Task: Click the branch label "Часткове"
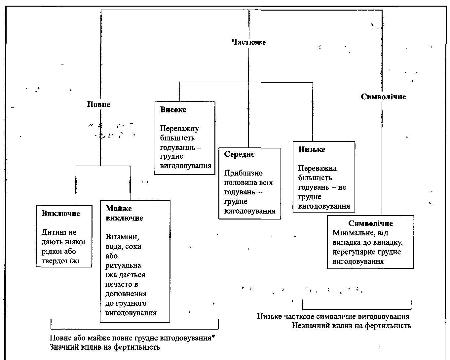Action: pyautogui.click(x=248, y=42)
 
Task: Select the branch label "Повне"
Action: pyautogui.click(x=98, y=104)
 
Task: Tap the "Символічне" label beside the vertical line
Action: pyautogui.click(x=383, y=97)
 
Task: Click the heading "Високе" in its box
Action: pyautogui.click(x=173, y=110)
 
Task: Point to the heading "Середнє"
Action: pyautogui.click(x=239, y=154)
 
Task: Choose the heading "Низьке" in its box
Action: pyautogui.click(x=312, y=149)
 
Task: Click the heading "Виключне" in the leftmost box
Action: pyautogui.click(x=61, y=214)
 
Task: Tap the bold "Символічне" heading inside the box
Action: pyautogui.click(x=370, y=223)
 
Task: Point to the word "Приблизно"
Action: pyautogui.click(x=243, y=173)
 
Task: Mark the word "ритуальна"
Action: pyautogui.click(x=123, y=265)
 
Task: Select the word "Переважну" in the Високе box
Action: pyautogui.click(x=180, y=128)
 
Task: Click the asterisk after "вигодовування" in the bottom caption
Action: pyautogui.click(x=213, y=337)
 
